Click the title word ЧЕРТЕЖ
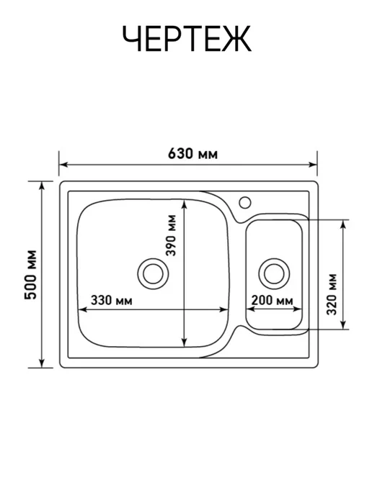tap(187, 39)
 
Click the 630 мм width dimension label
tap(192, 154)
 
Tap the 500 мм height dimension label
tap(32, 274)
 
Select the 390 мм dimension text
tap(171, 235)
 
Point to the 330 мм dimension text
tap(111, 300)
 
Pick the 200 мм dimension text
tap(272, 300)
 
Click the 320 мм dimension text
tap(332, 294)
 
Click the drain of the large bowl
tap(153, 273)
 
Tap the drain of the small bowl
tap(274, 273)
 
